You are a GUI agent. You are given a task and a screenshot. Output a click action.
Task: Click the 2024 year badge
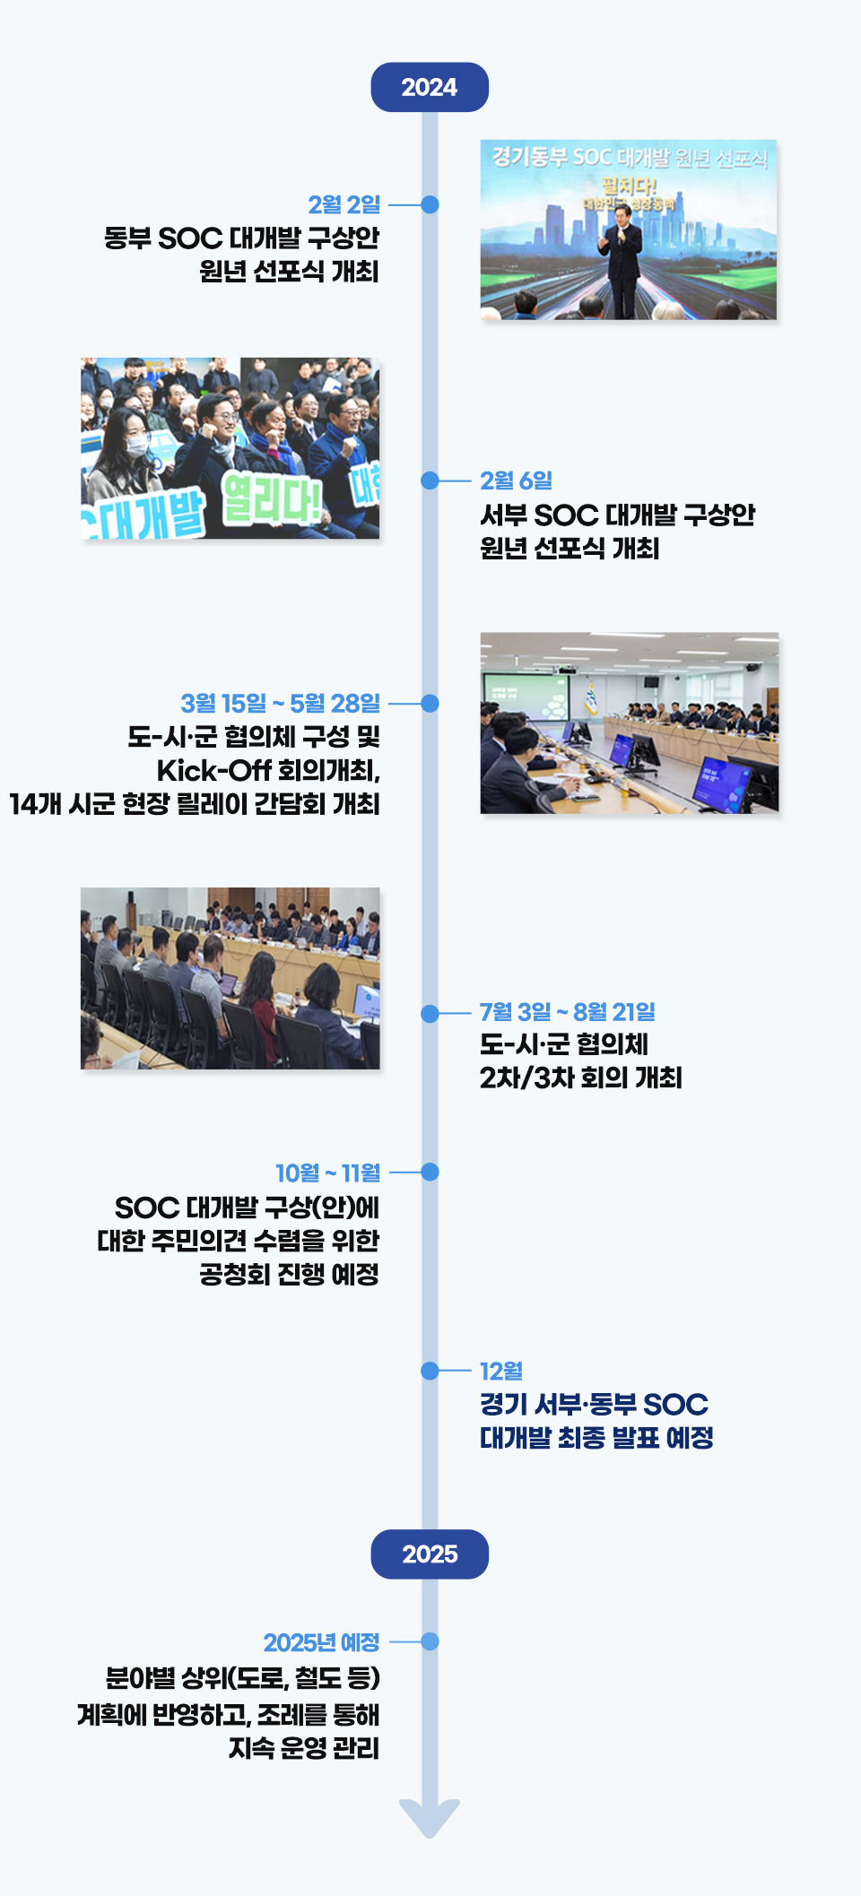tap(430, 87)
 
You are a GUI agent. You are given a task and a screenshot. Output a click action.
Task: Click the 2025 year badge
tap(430, 1554)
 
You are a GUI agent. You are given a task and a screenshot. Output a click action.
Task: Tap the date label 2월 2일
tap(344, 204)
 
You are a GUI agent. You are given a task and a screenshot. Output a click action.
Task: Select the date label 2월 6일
tap(516, 480)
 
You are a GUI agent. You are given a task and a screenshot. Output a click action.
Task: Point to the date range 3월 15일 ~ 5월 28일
tap(280, 703)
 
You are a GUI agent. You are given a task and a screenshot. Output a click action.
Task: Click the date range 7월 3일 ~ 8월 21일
tap(567, 1012)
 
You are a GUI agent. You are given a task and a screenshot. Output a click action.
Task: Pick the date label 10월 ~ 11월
tap(327, 1173)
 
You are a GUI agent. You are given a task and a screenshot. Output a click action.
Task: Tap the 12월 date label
tap(500, 1371)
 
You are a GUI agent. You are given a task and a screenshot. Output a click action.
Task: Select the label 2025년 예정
tap(321, 1642)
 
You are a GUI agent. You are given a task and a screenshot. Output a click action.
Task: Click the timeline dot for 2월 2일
tap(430, 204)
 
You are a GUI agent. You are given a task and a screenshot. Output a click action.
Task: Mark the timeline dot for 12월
tap(430, 1371)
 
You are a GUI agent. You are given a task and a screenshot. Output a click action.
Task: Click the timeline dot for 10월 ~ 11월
tap(430, 1172)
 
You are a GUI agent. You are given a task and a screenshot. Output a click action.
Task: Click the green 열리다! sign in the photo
tap(271, 498)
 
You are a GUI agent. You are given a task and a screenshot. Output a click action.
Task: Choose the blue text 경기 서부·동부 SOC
tap(594, 1404)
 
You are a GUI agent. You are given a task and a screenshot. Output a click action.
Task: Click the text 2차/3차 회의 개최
tap(580, 1077)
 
